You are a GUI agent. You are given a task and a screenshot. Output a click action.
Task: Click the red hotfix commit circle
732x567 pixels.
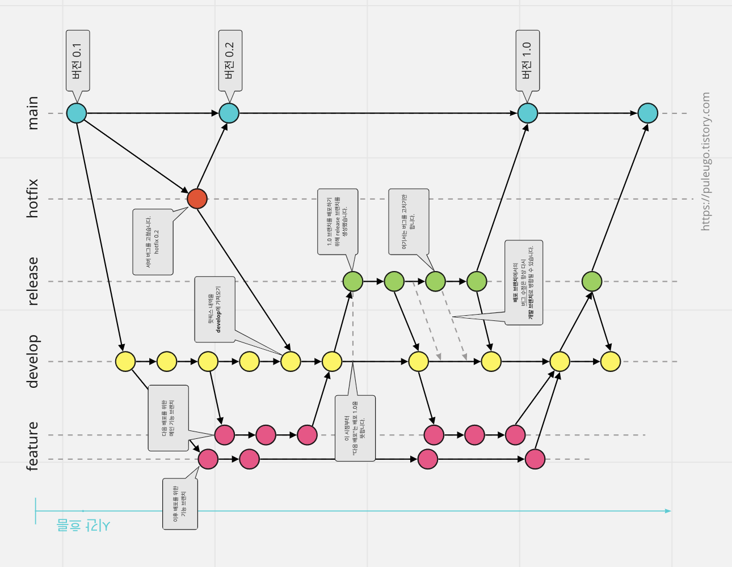197,198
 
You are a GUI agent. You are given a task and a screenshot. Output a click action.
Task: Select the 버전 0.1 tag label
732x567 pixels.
78,61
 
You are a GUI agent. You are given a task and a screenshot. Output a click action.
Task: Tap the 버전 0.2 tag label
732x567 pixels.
230,61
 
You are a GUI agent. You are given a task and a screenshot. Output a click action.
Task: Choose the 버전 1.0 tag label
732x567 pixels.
527,61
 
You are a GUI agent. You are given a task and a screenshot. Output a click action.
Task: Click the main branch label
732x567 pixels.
33,113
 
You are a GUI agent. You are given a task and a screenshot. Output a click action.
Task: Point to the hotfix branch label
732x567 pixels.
33,198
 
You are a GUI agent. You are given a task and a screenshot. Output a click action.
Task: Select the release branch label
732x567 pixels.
33,281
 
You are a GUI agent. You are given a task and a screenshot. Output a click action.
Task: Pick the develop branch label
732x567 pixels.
33,361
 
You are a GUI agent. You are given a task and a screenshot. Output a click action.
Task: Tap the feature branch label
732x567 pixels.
33,446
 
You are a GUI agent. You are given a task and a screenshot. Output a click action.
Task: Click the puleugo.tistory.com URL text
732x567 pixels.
705,162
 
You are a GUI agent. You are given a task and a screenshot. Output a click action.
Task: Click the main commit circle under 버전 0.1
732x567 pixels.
77,113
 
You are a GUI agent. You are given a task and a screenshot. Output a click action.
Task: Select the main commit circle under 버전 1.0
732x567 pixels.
528,113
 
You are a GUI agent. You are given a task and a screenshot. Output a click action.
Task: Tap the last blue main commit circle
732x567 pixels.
648,113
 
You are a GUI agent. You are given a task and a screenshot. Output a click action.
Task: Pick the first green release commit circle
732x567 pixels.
353,281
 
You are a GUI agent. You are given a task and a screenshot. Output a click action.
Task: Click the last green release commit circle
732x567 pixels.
592,281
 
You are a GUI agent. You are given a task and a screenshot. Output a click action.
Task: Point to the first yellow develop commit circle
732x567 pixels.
125,361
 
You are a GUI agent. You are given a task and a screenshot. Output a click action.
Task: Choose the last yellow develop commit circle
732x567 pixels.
611,361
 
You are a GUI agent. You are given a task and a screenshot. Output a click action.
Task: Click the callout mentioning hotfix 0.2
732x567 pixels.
153,242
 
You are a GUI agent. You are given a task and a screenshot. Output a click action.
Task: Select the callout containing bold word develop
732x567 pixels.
214,310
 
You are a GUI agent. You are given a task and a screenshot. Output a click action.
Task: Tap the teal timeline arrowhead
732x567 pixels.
668,511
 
